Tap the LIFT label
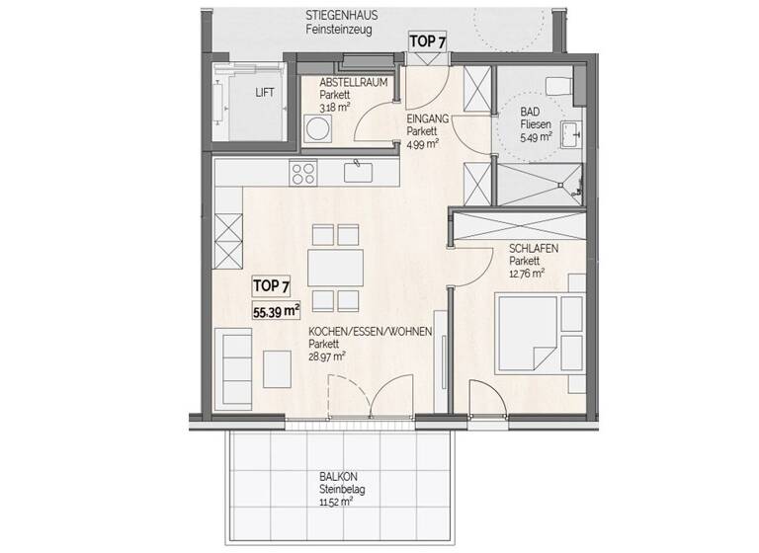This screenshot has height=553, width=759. [265, 93]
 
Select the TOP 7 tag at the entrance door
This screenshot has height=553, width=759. [428, 41]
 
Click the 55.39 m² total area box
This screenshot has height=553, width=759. [277, 311]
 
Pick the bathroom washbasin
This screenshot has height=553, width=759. [571, 132]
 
